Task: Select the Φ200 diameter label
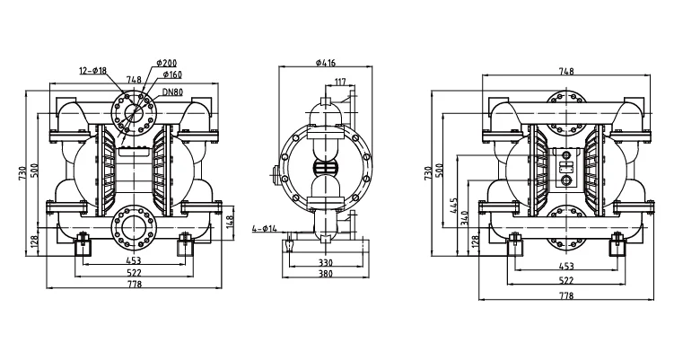tap(167, 62)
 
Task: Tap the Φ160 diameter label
tap(171, 75)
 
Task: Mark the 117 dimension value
tap(340, 83)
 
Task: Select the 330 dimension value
tap(325, 263)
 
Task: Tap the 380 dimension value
tap(325, 274)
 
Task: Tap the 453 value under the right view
tap(566, 266)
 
